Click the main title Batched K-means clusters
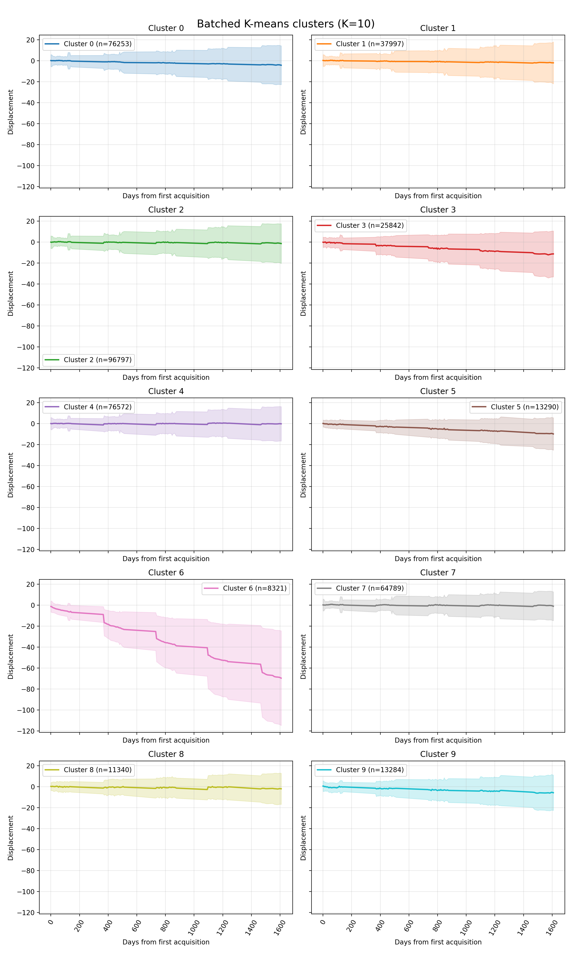(286, 24)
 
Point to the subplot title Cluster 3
(438, 210)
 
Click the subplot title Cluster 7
(438, 573)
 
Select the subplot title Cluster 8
(166, 754)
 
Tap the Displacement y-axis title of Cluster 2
(10, 294)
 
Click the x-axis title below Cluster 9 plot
(438, 942)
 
